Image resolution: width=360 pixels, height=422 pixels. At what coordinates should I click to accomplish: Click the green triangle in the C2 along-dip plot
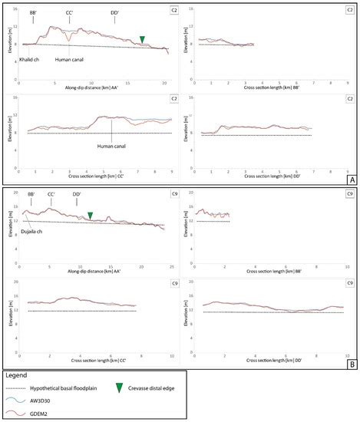[142, 40]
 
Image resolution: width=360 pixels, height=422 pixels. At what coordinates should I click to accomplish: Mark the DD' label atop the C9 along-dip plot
[78, 193]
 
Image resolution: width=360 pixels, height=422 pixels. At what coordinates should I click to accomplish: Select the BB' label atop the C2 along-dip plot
[35, 13]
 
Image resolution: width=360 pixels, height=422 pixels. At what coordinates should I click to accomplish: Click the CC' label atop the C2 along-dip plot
[69, 13]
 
